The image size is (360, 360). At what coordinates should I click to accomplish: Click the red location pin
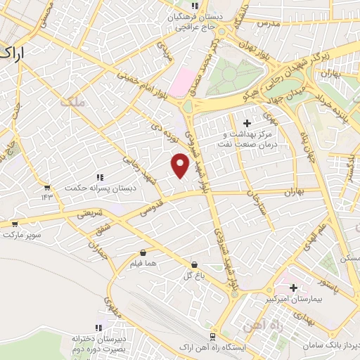tap(181, 165)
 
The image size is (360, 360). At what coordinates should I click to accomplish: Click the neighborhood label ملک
tap(72, 102)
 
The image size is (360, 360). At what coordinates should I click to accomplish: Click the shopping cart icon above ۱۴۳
tap(47, 188)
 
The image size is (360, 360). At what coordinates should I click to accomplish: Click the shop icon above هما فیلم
tap(143, 252)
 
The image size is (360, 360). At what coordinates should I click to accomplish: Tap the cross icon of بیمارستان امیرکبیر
tap(292, 288)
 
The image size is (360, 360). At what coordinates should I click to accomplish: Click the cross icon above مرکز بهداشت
tap(245, 123)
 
